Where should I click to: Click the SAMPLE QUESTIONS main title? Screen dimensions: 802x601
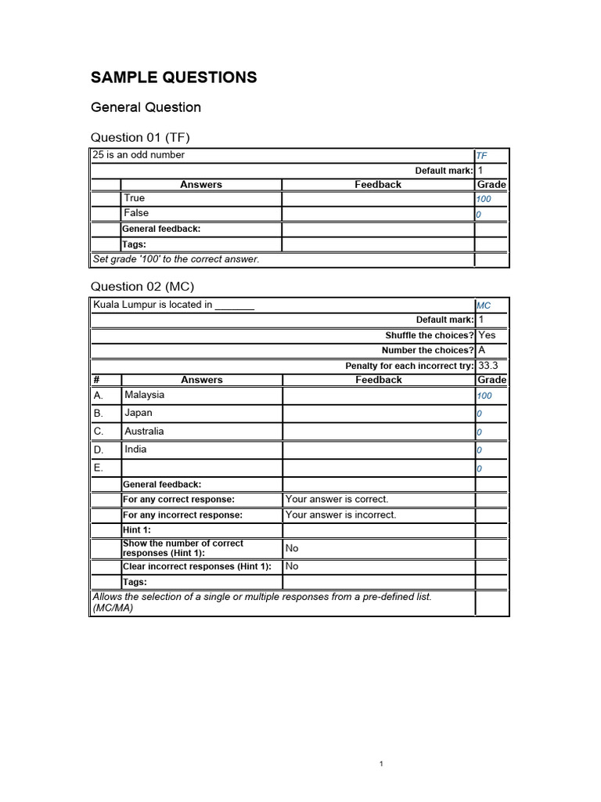coord(174,78)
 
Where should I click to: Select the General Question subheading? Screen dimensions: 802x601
coord(146,107)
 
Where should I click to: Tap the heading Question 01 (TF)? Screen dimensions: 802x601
coord(141,138)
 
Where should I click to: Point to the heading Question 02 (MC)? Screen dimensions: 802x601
coord(143,287)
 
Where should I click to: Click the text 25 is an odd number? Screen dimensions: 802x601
coord(139,155)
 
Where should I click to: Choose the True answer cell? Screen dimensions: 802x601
coord(135,199)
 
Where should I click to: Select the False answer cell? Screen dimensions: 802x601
coord(136,213)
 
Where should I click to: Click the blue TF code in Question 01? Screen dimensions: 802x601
coord(481,157)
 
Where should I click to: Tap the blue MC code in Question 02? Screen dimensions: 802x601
coord(483,305)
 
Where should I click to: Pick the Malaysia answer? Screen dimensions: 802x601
coord(144,396)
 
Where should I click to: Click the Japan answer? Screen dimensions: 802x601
coord(139,413)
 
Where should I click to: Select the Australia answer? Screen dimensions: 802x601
coord(144,432)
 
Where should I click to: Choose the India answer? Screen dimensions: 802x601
coord(135,450)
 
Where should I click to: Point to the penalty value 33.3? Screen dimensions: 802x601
coord(488,365)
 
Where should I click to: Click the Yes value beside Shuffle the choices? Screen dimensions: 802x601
coord(487,335)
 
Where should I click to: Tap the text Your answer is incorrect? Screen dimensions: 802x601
coord(340,515)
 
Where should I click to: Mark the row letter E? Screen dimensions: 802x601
coord(98,468)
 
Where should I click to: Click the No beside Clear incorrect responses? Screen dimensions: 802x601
coord(292,566)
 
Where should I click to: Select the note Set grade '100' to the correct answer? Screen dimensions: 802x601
coord(175,259)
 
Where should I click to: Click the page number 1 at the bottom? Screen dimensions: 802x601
coord(380,764)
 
